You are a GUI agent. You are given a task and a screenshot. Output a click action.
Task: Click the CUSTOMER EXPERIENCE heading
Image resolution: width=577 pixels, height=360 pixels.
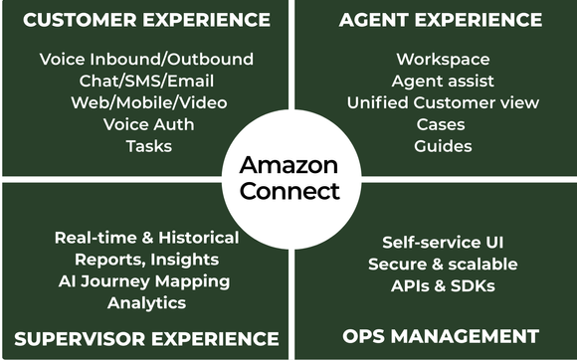pyautogui.click(x=146, y=20)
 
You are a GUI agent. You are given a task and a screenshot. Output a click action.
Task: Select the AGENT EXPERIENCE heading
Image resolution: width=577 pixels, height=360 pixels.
pyautogui.click(x=441, y=20)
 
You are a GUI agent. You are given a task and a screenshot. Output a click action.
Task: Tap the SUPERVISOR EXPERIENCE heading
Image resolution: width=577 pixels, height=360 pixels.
pyautogui.click(x=146, y=337)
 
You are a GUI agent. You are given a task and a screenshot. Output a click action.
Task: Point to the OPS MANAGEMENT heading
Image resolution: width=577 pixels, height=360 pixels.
pyautogui.click(x=441, y=336)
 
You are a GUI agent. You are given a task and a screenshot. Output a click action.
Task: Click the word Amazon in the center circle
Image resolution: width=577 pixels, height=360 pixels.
pyautogui.click(x=289, y=164)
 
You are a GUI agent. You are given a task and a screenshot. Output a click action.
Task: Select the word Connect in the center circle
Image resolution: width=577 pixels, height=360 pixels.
pyautogui.click(x=289, y=190)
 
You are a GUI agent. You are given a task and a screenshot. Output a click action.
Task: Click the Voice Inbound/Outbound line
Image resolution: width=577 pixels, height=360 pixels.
pyautogui.click(x=146, y=60)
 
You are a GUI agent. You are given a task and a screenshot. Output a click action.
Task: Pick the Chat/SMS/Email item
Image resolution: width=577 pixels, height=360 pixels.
pyautogui.click(x=146, y=81)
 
